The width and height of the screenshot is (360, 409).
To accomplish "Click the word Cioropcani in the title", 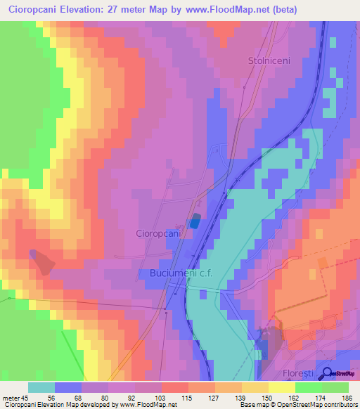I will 34,10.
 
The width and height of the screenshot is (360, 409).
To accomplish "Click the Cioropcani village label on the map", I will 159,233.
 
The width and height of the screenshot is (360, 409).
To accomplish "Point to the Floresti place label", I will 300,373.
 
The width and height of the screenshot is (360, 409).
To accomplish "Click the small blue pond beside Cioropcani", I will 194,221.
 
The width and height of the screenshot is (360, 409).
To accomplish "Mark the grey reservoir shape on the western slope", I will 42,261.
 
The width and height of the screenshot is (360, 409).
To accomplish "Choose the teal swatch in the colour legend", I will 41,387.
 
